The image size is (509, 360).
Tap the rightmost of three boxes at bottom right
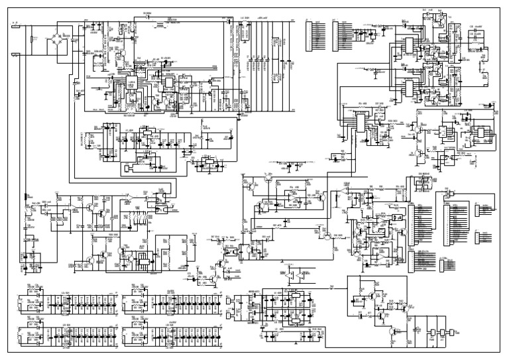(x=451, y=332)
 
